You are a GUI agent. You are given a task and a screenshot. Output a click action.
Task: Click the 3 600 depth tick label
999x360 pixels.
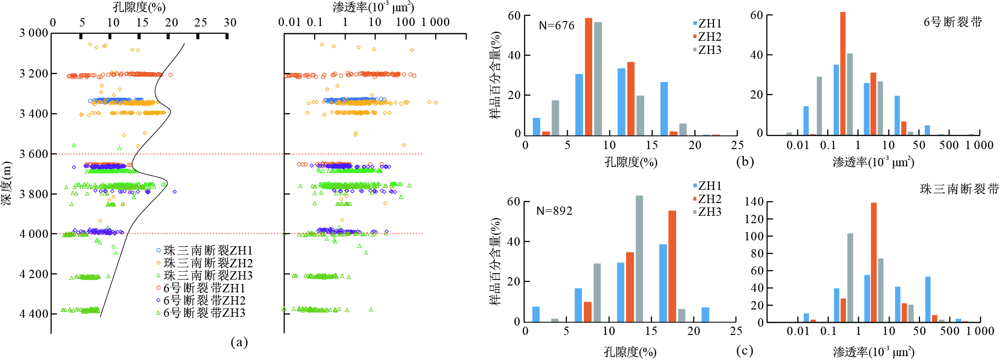(34, 154)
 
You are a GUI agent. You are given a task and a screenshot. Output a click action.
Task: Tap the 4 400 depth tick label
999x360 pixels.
(34, 314)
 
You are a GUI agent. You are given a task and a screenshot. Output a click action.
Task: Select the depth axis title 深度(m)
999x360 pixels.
(7, 183)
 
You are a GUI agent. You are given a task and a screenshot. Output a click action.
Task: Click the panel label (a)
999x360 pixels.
(239, 342)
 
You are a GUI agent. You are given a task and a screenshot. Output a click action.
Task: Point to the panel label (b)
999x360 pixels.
(745, 161)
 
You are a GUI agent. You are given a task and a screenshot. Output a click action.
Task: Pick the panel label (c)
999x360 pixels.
(745, 351)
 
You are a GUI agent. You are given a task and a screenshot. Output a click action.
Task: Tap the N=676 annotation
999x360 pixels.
(556, 26)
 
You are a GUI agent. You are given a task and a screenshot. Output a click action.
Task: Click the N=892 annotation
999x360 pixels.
(554, 211)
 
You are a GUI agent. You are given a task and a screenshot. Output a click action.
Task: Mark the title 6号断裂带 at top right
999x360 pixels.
(953, 22)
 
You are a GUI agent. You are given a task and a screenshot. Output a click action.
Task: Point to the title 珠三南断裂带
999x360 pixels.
(959, 189)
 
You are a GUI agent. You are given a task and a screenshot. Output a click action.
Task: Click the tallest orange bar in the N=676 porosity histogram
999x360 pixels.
(588, 76)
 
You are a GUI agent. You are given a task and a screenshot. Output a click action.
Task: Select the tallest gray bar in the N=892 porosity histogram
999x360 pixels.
(639, 258)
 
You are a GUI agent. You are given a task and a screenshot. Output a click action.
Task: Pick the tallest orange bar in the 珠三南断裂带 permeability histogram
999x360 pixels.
(874, 262)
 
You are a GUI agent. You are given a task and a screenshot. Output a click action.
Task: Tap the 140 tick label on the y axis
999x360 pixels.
(754, 202)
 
